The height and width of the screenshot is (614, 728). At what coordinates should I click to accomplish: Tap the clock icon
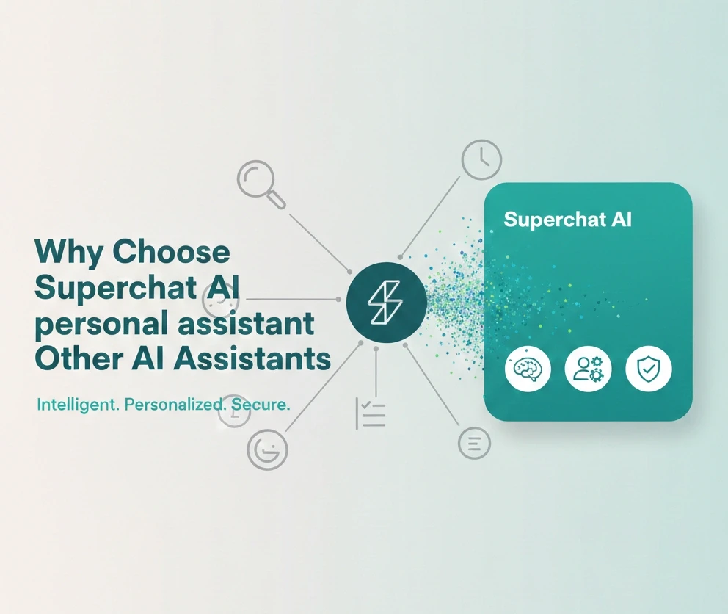[481, 161]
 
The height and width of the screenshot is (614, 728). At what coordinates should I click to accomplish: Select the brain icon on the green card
[528, 369]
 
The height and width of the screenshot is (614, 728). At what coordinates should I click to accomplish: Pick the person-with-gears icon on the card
[588, 369]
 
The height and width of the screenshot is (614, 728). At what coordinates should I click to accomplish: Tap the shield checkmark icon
[648, 369]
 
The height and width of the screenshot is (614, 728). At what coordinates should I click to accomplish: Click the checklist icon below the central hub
[371, 413]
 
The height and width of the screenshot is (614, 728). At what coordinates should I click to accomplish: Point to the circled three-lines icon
[473, 444]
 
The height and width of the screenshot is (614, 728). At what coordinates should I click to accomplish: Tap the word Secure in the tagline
[261, 404]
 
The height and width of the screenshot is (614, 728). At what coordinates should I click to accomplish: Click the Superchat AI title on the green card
[568, 219]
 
